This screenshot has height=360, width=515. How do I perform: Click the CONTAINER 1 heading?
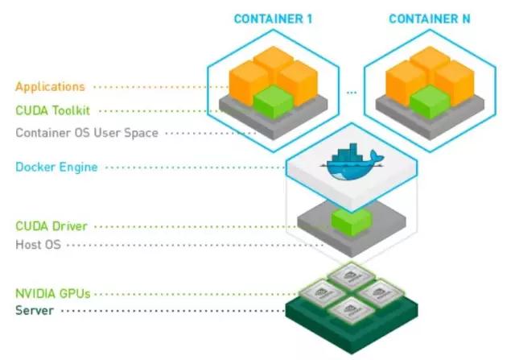click(x=273, y=19)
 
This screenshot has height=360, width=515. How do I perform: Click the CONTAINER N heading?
click(x=430, y=19)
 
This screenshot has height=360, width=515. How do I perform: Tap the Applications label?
click(x=50, y=87)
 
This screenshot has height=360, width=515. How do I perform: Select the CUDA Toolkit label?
click(x=52, y=110)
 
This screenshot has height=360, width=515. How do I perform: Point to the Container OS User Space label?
click(x=87, y=133)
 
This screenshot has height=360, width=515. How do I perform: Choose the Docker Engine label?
click(x=56, y=167)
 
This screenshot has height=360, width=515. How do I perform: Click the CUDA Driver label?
click(x=51, y=226)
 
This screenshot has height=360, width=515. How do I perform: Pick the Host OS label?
click(x=38, y=245)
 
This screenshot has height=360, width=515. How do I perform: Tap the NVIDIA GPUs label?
click(x=53, y=294)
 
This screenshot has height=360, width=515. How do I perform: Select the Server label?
click(x=35, y=311)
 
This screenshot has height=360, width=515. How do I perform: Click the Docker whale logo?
click(x=352, y=162)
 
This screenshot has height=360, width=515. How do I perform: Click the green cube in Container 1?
click(x=274, y=101)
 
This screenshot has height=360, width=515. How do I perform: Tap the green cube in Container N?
click(x=430, y=101)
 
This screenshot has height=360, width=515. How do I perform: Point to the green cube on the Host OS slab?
click(x=352, y=221)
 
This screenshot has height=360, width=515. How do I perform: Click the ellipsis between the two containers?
click(x=352, y=93)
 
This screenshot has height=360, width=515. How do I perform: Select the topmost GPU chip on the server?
click(x=352, y=275)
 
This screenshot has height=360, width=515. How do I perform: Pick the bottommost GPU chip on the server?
click(x=352, y=310)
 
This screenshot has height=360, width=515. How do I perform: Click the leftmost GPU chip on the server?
click(x=322, y=292)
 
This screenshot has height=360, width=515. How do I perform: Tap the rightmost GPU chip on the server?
click(x=381, y=292)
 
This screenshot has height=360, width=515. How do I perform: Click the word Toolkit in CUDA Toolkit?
click(x=71, y=110)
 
